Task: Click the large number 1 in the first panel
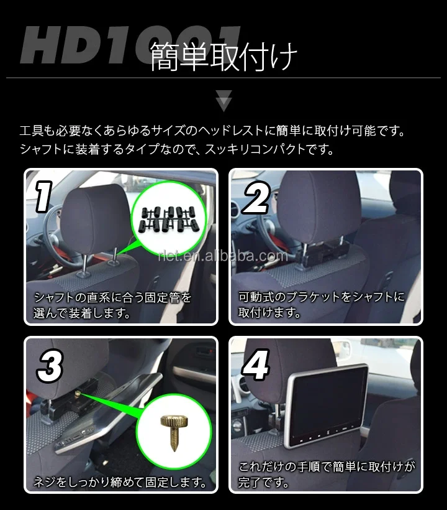43,198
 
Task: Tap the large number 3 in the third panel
50,366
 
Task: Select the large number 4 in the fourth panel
256,366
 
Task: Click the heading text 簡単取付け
223,57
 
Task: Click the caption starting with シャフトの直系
112,305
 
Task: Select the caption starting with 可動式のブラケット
322,305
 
